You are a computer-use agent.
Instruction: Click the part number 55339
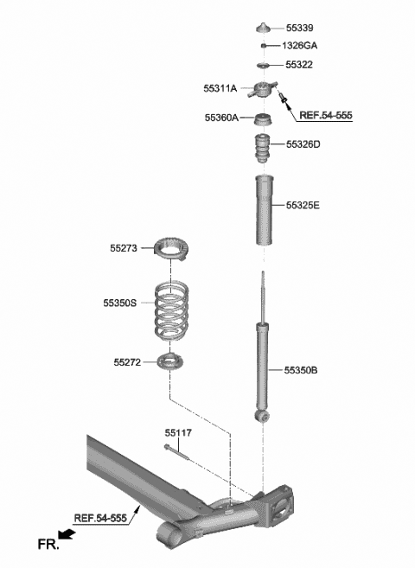pos(298,29)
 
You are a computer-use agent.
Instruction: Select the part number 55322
pos(298,66)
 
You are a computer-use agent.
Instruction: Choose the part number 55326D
pos(302,144)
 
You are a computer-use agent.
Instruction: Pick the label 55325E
pos(303,206)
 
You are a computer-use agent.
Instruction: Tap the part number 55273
pos(124,248)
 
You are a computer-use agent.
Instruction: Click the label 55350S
pos(120,303)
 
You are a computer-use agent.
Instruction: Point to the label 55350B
pos(301,370)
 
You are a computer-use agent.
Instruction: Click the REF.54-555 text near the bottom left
pos(100,519)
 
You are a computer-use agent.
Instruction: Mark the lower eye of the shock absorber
pos(263,418)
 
